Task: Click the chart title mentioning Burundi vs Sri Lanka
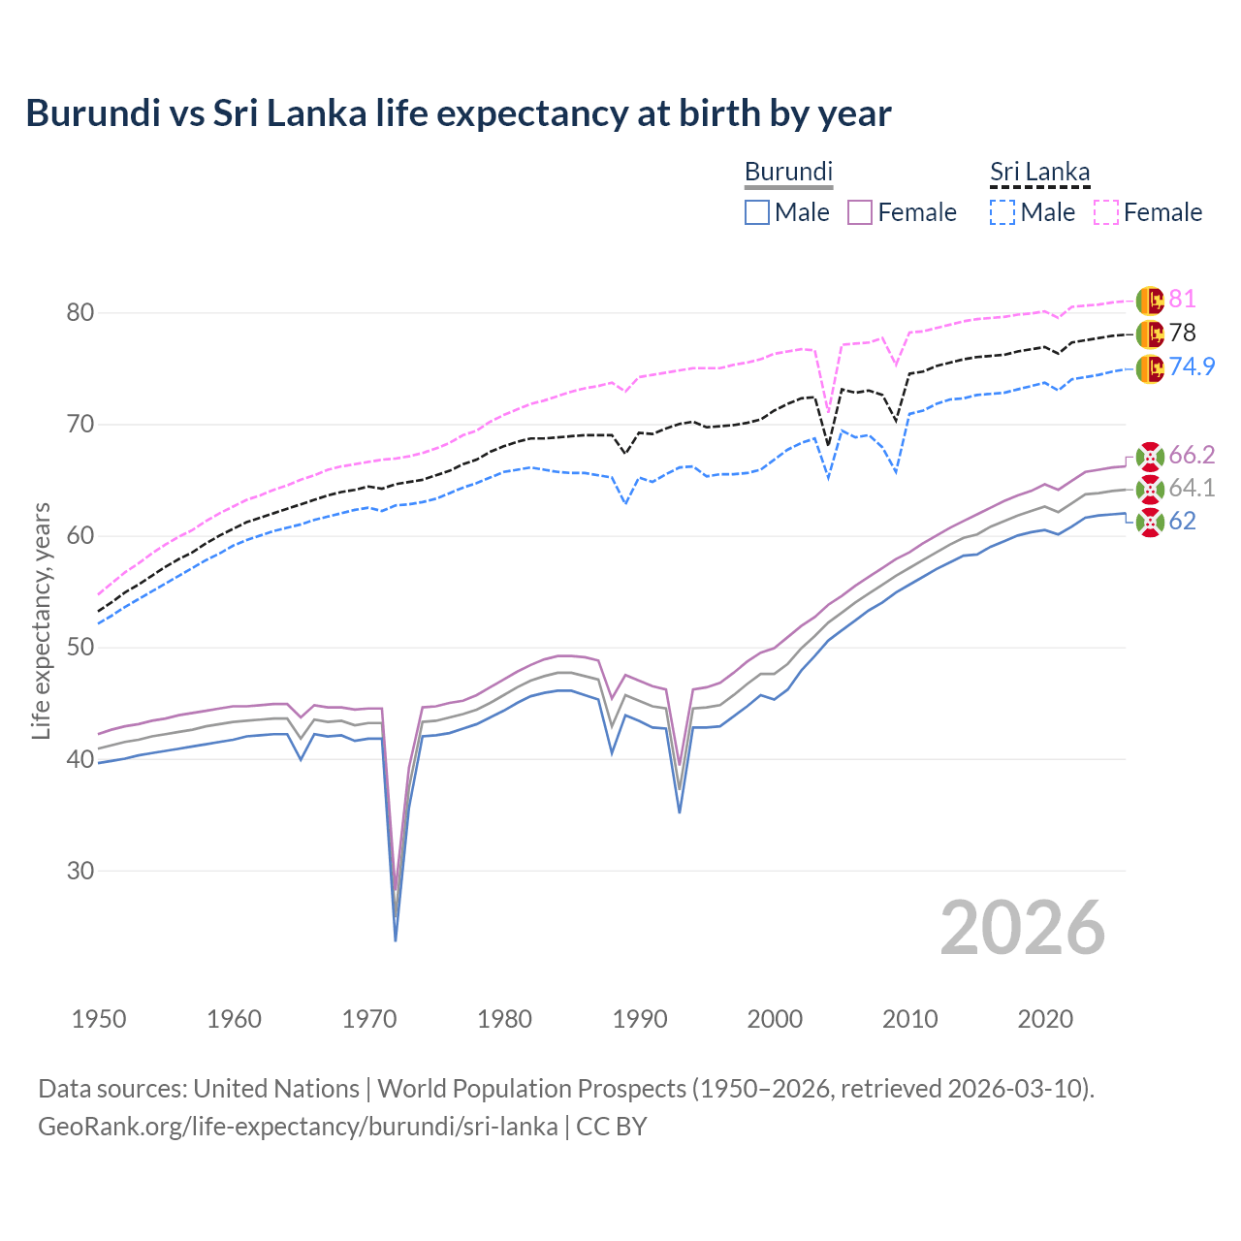tap(458, 113)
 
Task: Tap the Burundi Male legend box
tap(757, 212)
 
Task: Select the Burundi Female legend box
tap(861, 212)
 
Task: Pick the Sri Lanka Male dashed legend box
tap(1002, 212)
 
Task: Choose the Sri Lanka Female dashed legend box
tap(1106, 212)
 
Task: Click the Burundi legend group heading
tap(788, 172)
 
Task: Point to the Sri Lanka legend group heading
tap(1039, 172)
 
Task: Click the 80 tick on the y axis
tap(80, 312)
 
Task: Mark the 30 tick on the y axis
tap(80, 871)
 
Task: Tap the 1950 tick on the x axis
tap(99, 1019)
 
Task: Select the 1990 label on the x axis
tap(640, 1019)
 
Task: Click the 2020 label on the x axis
tap(1045, 1019)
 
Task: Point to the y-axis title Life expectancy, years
tap(41, 620)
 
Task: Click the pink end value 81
tap(1182, 300)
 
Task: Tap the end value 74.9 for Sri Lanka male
tap(1192, 366)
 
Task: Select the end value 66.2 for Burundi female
tap(1192, 456)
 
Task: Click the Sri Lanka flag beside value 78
tap(1150, 334)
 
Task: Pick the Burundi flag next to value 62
tap(1150, 522)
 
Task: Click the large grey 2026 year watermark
tap(1022, 928)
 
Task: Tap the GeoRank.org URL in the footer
tap(298, 1127)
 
